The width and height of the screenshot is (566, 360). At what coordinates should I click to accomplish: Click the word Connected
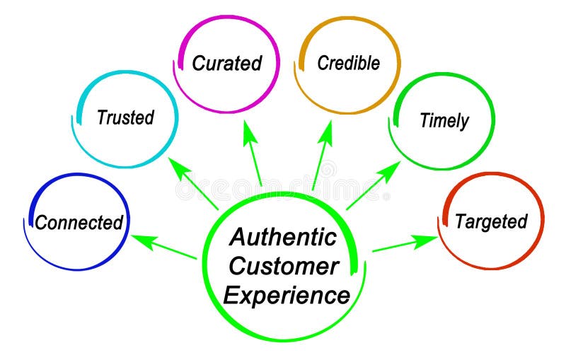79,223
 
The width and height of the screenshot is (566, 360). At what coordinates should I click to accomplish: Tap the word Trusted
125,117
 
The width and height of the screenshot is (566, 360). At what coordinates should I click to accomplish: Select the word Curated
226,63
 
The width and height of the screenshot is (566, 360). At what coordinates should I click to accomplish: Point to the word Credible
348,63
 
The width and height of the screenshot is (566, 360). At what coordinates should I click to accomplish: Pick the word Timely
444,120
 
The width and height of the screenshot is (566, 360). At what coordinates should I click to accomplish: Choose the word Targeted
491,221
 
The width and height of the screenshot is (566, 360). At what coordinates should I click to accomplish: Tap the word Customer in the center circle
284,266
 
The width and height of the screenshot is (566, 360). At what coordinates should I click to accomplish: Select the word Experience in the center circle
287,294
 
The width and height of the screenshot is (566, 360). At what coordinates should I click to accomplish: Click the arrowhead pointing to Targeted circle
427,240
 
